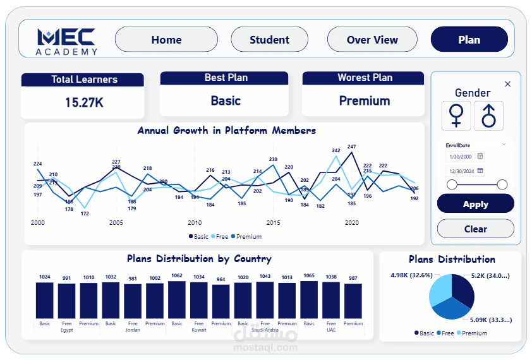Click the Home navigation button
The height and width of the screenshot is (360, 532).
tap(166, 40)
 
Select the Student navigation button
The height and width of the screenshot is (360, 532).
tap(269, 40)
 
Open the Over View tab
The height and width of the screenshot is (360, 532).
tap(372, 40)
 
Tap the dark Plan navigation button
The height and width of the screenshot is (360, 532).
tap(469, 40)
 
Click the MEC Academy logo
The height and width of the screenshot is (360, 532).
tap(66, 40)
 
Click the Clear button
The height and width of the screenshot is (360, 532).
tap(475, 229)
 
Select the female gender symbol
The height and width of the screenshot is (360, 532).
tap(456, 116)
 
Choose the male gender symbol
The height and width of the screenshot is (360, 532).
tap(488, 116)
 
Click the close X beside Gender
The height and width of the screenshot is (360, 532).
tap(507, 84)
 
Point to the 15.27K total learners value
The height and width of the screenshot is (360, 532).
tap(84, 102)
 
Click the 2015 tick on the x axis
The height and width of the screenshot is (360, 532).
tap(273, 222)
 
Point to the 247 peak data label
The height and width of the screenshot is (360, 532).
tap(351, 147)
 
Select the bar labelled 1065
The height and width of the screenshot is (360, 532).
tap(309, 299)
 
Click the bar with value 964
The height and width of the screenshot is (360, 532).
tap(221, 302)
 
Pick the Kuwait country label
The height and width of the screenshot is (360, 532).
tap(199, 330)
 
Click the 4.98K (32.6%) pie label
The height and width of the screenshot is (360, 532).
tap(411, 275)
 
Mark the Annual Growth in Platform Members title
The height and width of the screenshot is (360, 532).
tap(226, 131)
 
